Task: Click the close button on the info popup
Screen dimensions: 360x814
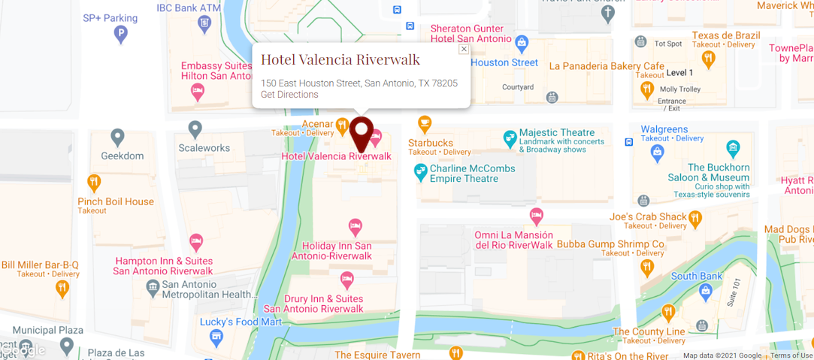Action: (464, 49)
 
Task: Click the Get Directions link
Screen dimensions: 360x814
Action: (289, 95)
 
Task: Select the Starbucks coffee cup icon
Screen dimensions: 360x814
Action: (425, 123)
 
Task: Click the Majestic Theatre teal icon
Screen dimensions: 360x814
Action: (510, 138)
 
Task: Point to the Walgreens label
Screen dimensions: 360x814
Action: (664, 129)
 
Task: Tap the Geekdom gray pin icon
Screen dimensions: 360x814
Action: (117, 138)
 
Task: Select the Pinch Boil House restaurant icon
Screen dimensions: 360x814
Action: (94, 182)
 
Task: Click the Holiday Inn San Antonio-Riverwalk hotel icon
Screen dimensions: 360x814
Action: (356, 225)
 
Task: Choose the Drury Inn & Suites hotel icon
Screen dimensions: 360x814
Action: (347, 280)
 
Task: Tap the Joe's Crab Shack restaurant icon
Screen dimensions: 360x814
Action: (695, 218)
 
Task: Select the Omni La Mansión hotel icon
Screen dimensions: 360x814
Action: (536, 216)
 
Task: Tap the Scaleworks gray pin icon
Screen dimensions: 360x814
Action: (195, 129)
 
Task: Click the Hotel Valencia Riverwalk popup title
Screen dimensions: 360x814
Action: (340, 59)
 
